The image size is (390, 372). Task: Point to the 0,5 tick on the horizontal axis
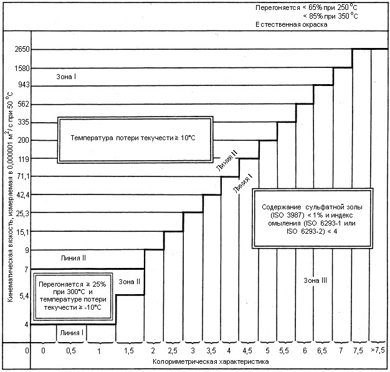[x=71, y=351]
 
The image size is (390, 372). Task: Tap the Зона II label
[x=130, y=281]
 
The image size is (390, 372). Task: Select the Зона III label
[x=315, y=280]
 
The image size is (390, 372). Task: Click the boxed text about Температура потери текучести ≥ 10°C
[x=133, y=138]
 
